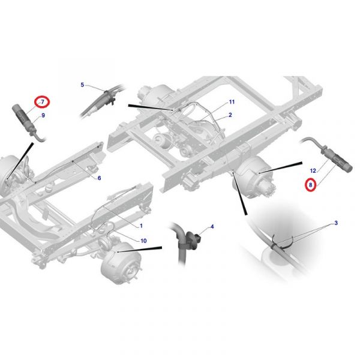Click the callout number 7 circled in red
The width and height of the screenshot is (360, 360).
tap(43, 101)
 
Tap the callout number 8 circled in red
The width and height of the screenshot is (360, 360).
tap(310, 185)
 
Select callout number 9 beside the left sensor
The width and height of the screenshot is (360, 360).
tap(43, 115)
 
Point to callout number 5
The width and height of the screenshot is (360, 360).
tap(82, 85)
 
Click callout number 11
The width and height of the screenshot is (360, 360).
tap(232, 102)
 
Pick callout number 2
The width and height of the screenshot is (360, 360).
tap(230, 115)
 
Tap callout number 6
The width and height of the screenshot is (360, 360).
tap(99, 178)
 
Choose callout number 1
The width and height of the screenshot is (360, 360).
tap(141, 226)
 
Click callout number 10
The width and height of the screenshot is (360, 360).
tap(143, 241)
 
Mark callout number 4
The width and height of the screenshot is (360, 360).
tap(212, 227)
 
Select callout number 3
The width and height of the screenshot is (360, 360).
tap(336, 223)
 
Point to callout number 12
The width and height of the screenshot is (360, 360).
tap(313, 171)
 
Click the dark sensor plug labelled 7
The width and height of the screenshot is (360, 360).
tap(24, 120)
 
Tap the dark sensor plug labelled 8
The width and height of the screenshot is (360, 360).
tap(337, 159)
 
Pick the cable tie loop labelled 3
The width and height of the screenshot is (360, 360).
tap(282, 242)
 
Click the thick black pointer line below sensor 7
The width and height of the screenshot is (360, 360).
tap(20, 160)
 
